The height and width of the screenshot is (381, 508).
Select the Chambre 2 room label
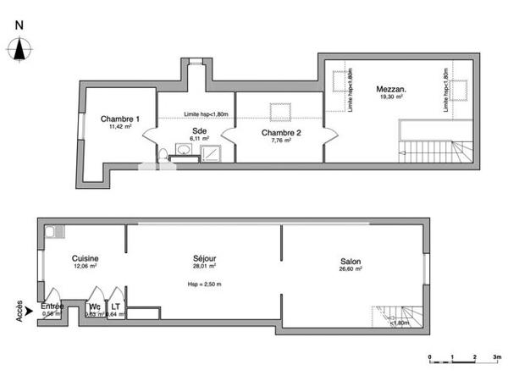pos(279,132)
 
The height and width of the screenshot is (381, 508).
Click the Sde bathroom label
pos(199,130)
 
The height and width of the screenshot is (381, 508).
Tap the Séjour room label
pos(204,258)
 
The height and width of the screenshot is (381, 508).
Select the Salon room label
pos(351,262)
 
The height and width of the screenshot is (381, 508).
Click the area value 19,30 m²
pos(390,97)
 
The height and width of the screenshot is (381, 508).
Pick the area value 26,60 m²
pos(351,270)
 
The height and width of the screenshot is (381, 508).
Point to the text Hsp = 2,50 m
pos(203,284)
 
